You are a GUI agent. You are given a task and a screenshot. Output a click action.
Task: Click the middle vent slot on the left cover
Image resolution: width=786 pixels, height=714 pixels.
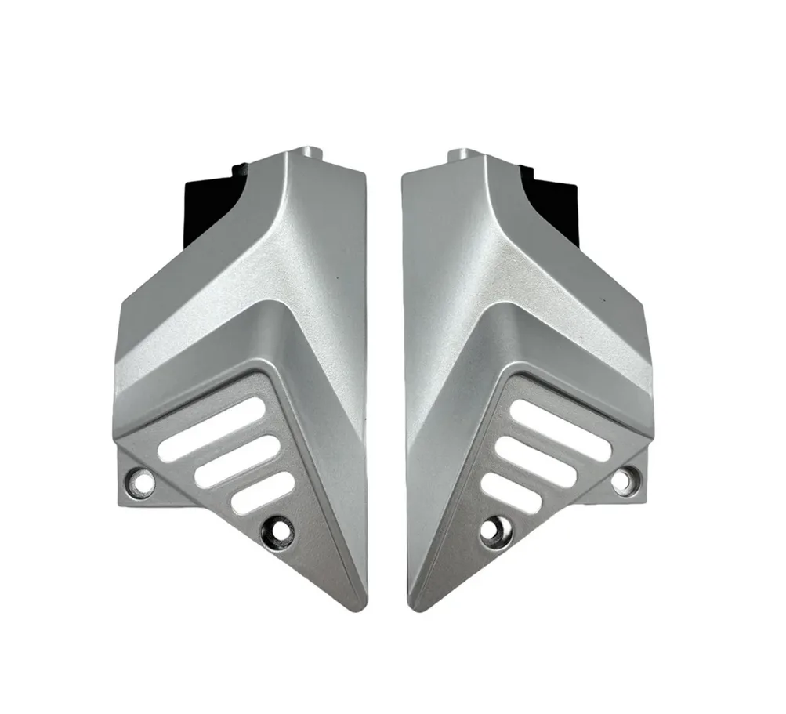click(237, 462)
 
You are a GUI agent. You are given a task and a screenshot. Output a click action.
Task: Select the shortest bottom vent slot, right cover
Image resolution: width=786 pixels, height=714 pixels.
click(509, 493)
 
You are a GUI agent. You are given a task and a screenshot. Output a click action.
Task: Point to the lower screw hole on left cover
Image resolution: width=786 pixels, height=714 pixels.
click(279, 531)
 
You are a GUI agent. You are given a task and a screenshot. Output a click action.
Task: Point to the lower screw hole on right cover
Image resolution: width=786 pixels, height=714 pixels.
click(491, 531)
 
